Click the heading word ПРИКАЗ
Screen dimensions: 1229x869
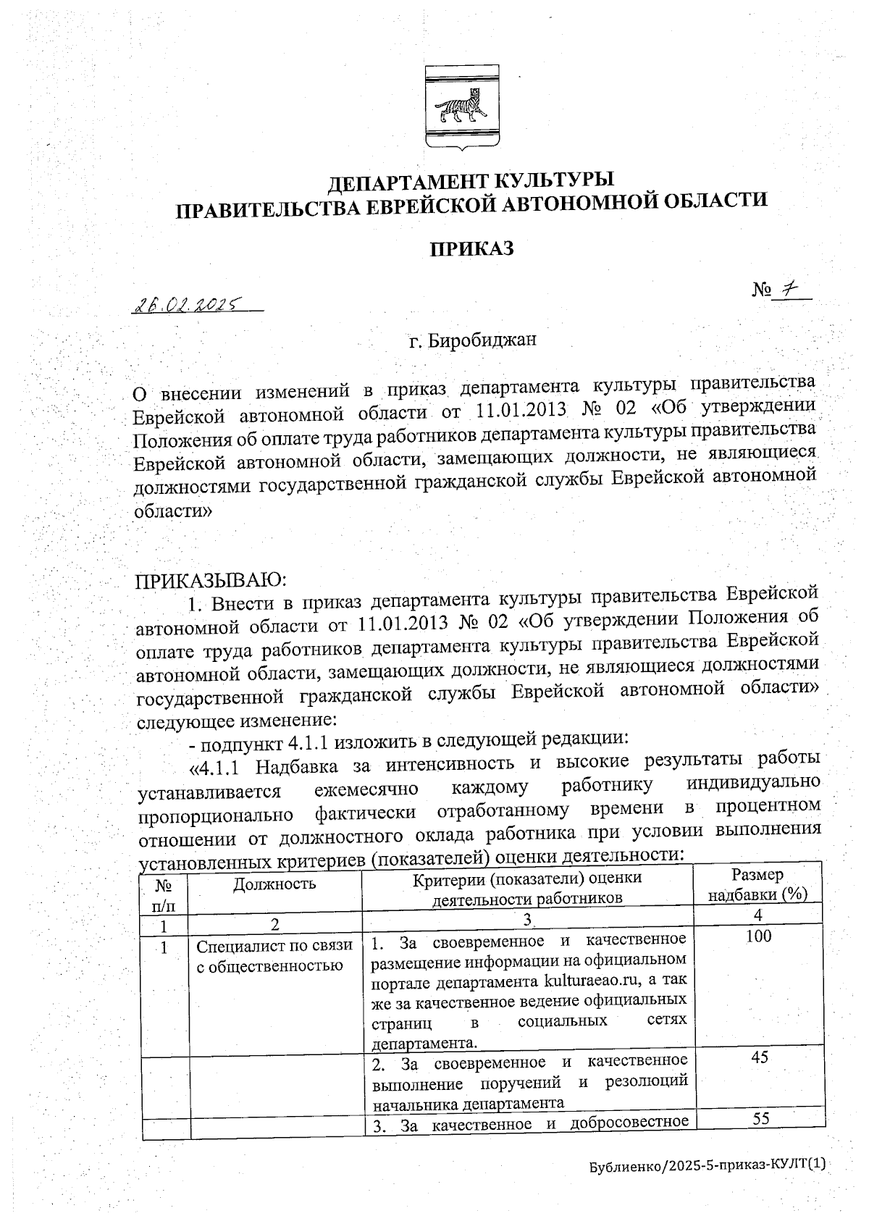pyautogui.click(x=472, y=248)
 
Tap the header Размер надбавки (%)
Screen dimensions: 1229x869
pyautogui.click(x=757, y=884)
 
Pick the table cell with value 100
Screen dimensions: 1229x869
pyautogui.click(x=758, y=936)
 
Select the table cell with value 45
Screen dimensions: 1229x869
pyautogui.click(x=759, y=1057)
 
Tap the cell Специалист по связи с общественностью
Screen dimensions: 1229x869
pyautogui.click(x=274, y=955)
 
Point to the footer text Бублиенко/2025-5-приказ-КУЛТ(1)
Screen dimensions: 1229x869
pyautogui.click(x=707, y=1186)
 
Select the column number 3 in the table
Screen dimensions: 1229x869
pyautogui.click(x=528, y=919)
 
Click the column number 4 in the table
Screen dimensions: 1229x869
pyautogui.click(x=757, y=915)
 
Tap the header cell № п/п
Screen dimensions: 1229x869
pyautogui.click(x=164, y=894)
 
